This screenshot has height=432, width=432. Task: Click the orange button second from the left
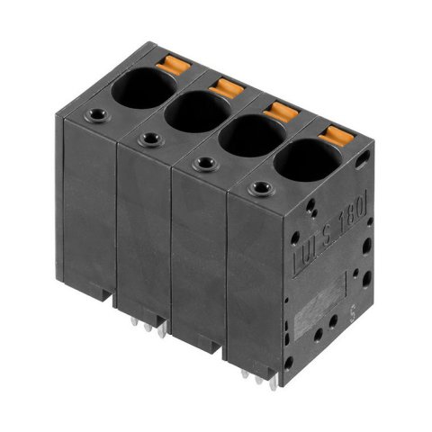coord(226,86)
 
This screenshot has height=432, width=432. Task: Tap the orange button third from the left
coord(281,112)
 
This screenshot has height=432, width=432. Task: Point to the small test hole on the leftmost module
coord(96,116)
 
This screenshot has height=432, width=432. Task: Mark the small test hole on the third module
coord(206,163)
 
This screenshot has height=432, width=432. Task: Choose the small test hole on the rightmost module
coord(262,188)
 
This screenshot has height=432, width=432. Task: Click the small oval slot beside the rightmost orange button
coord(363,160)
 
